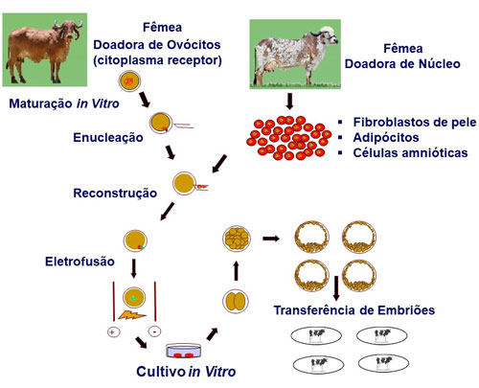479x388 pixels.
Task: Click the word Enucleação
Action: (x=108, y=138)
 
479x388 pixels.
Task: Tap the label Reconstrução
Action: (x=115, y=194)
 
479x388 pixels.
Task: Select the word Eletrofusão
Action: (x=80, y=262)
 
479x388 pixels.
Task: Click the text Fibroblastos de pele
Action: (x=415, y=122)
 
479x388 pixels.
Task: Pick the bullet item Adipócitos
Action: (x=386, y=138)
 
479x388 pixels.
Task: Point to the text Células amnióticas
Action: (x=410, y=153)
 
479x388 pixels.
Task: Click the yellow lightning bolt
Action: (x=132, y=315)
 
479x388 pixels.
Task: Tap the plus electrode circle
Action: (x=113, y=332)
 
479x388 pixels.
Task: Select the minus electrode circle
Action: (x=155, y=331)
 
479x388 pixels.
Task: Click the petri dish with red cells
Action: (x=184, y=351)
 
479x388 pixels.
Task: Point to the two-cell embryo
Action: (x=236, y=301)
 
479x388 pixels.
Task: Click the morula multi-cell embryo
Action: (x=237, y=239)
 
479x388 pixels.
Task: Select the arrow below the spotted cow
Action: (x=289, y=102)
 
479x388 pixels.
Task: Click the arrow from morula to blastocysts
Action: (x=271, y=239)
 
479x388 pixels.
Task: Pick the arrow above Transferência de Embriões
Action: (x=336, y=288)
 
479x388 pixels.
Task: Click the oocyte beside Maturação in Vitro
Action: (x=129, y=81)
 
